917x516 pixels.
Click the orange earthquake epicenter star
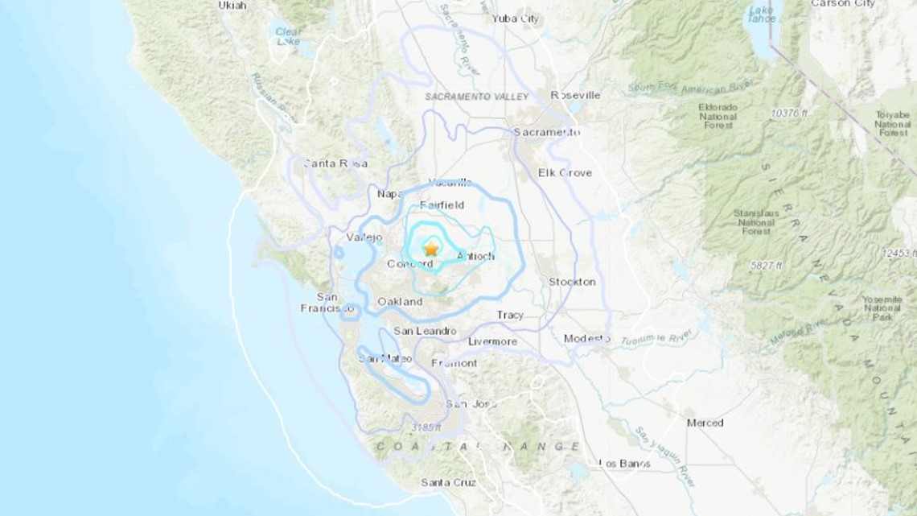coord(431,250)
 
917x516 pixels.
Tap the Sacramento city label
coord(546,131)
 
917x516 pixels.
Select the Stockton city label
coord(572,282)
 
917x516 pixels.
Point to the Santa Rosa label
coord(335,163)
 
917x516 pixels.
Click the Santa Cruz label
coord(448,482)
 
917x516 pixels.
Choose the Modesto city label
coord(586,338)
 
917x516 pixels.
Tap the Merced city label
coord(705,423)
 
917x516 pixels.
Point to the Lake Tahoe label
coord(760,14)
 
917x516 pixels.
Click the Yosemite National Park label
coord(882,308)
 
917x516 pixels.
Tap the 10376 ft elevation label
coord(789,114)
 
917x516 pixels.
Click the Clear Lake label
coord(288,36)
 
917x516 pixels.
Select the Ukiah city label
coord(232,5)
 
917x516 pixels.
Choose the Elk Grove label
coord(565,172)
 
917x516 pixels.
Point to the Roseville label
coord(575,95)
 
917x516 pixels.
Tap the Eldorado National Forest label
coord(717,116)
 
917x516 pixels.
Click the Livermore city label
coord(492,341)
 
